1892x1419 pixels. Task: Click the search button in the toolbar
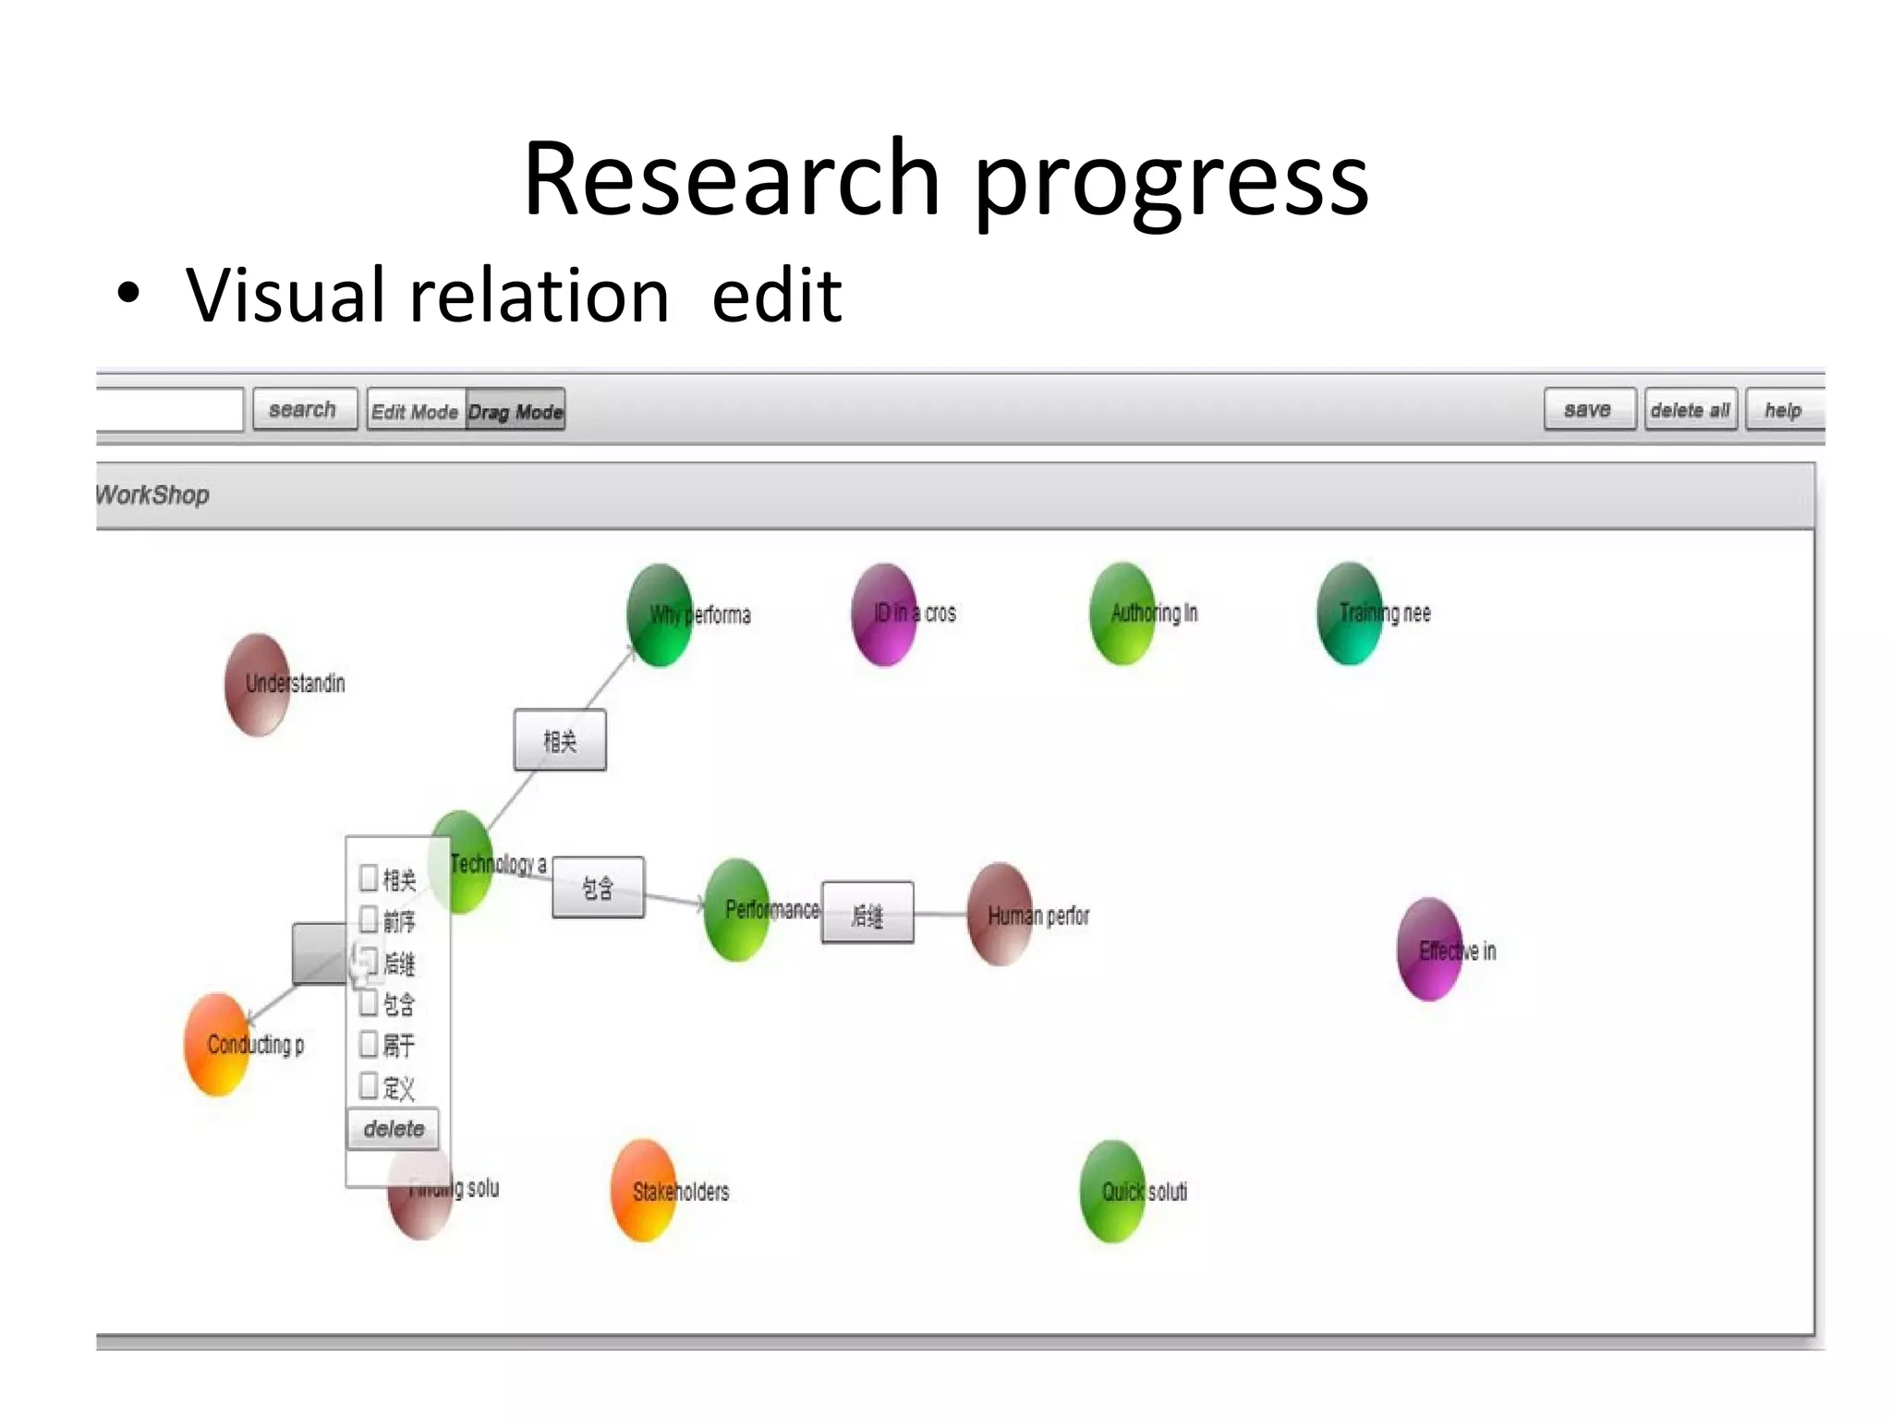(x=304, y=409)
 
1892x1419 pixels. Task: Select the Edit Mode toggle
(x=415, y=411)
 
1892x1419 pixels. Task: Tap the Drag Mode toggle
(x=515, y=411)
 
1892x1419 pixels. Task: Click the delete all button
(x=1690, y=410)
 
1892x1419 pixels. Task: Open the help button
(x=1783, y=410)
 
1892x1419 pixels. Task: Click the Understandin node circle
(x=258, y=685)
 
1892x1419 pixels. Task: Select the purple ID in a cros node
(x=884, y=614)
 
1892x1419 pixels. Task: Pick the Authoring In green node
(x=1122, y=613)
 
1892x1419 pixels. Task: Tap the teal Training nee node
(x=1350, y=613)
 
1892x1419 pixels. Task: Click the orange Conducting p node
(x=218, y=1045)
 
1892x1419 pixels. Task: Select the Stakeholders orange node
(x=644, y=1191)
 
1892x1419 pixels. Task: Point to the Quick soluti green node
(x=1113, y=1191)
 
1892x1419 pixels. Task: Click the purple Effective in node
(x=1430, y=950)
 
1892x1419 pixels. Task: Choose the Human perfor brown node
(x=1000, y=915)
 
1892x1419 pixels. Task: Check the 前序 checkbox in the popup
(x=369, y=919)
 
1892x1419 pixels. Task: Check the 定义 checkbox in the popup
(x=369, y=1085)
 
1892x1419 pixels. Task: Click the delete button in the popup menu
(x=394, y=1129)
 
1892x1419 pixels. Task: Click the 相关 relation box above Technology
(x=560, y=740)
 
